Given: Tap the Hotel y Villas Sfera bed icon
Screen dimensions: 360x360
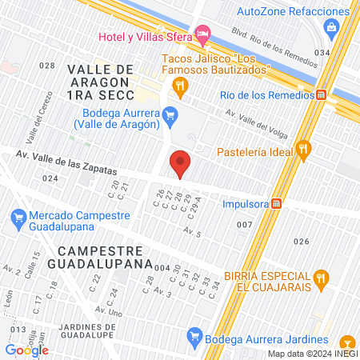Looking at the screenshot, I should (x=203, y=36).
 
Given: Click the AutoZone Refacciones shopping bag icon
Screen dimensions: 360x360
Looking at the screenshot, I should (x=332, y=28).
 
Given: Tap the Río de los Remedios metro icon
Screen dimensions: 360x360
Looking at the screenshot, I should (x=321, y=94).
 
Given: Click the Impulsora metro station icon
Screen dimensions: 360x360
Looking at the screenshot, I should (x=277, y=202).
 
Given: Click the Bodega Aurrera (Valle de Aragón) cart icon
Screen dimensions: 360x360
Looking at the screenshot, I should (x=169, y=117).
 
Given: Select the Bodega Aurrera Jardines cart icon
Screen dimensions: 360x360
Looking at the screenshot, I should (x=192, y=336).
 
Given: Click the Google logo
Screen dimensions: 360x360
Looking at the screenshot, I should (x=26, y=350).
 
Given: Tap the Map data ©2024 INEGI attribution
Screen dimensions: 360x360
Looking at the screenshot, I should (x=312, y=354).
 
